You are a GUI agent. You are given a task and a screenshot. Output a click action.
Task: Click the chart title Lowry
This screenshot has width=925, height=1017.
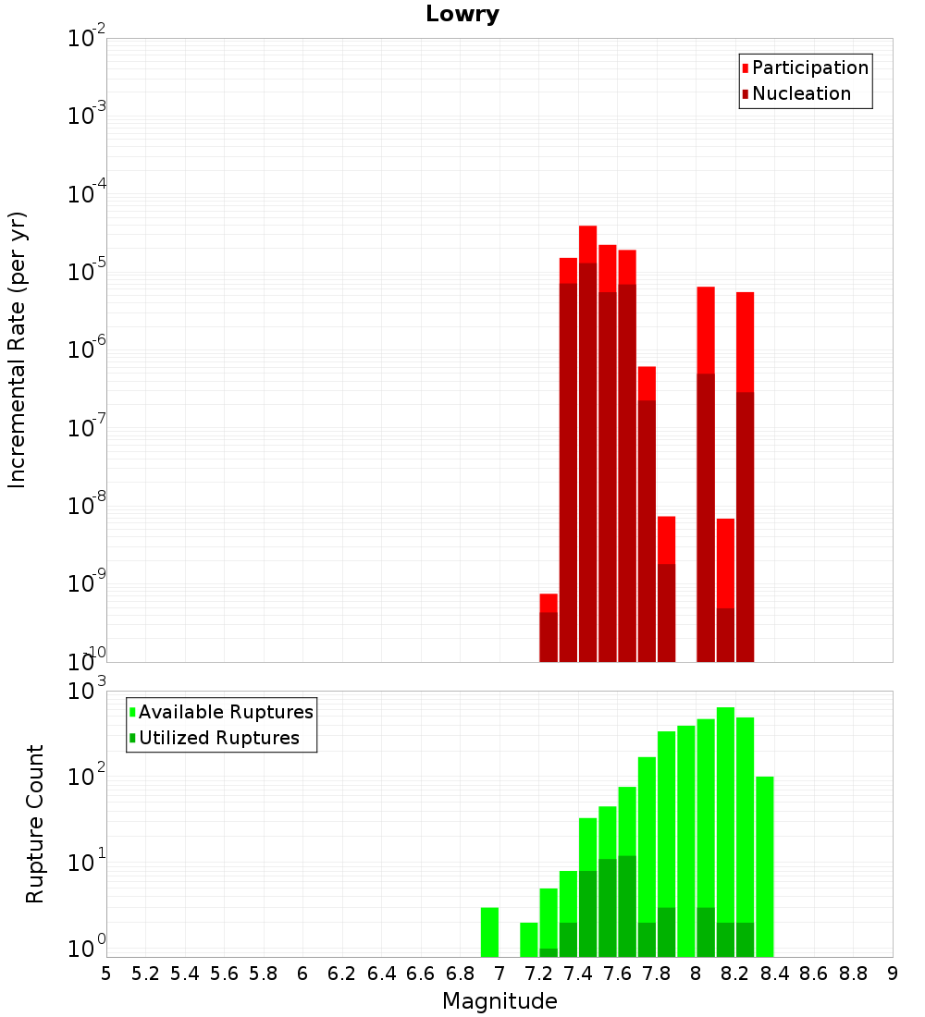pyautogui.click(x=462, y=15)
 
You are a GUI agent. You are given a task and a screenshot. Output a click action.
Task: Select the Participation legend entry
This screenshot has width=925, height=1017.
pyautogui.click(x=805, y=68)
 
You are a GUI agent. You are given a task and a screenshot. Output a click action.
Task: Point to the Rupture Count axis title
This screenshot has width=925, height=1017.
pyautogui.click(x=35, y=824)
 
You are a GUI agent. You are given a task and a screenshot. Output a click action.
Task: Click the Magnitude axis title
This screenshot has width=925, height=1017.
pyautogui.click(x=499, y=1001)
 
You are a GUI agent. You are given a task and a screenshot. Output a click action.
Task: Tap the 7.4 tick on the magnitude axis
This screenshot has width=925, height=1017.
pyautogui.click(x=578, y=974)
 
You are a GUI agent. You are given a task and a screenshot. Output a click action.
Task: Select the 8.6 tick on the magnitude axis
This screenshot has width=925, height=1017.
pyautogui.click(x=814, y=974)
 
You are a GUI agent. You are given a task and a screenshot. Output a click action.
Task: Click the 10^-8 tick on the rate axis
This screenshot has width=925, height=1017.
pyautogui.click(x=87, y=506)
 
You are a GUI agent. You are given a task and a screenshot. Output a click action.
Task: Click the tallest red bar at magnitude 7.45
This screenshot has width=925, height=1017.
pyautogui.click(x=587, y=444)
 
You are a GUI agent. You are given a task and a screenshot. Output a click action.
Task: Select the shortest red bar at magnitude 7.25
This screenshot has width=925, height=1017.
pyautogui.click(x=549, y=629)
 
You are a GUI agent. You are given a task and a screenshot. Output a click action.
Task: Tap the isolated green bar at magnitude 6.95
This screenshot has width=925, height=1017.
pyautogui.click(x=489, y=932)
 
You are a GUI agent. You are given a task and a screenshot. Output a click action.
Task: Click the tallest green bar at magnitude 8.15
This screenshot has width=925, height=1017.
pyautogui.click(x=725, y=832)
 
